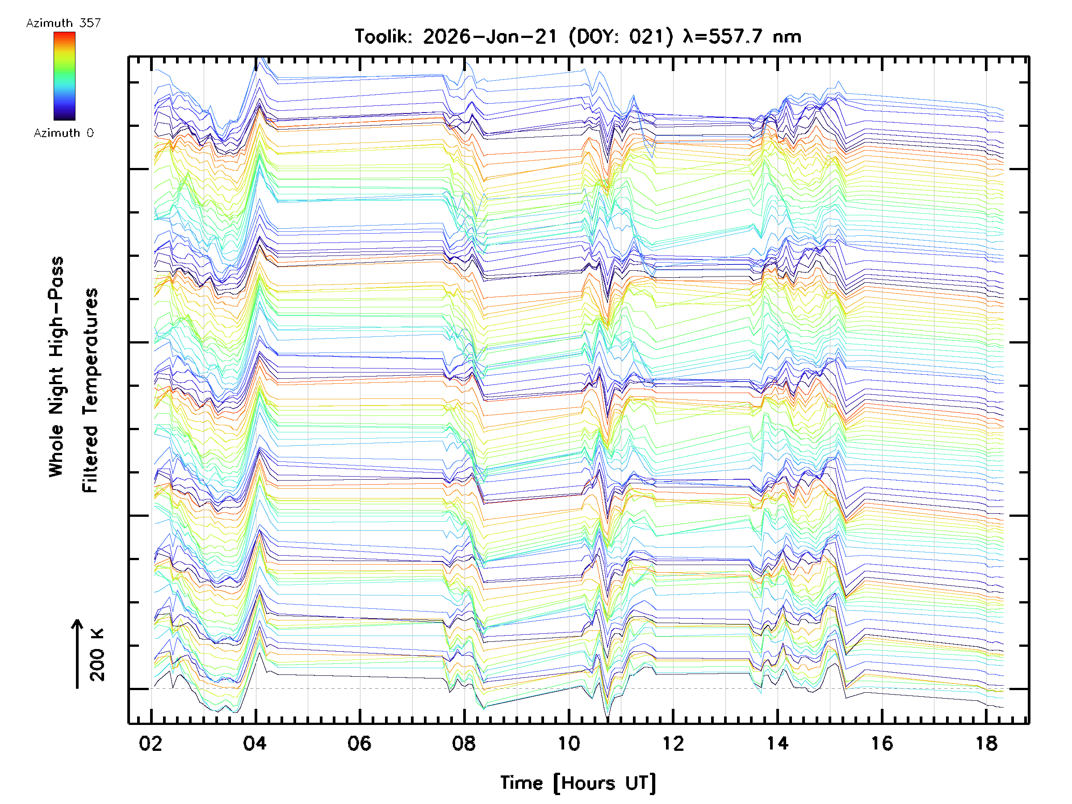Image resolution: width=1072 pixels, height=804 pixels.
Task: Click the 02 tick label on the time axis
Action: (150, 743)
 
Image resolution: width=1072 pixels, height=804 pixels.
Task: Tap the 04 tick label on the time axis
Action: (255, 743)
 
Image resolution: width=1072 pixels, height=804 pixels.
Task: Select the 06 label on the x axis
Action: (359, 743)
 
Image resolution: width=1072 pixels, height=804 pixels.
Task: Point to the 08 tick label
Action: (464, 743)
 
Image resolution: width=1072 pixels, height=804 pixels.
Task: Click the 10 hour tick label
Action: (569, 743)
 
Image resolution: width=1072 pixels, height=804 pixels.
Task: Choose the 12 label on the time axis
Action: (673, 743)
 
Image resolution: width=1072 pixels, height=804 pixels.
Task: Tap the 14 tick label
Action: (777, 743)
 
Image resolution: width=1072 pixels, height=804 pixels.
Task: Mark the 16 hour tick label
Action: (882, 743)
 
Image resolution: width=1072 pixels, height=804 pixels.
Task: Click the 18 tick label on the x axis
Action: (987, 743)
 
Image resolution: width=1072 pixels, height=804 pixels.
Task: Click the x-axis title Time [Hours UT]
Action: (578, 783)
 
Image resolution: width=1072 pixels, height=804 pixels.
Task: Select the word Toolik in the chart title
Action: (383, 37)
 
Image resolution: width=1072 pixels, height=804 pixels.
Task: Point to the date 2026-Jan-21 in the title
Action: (490, 37)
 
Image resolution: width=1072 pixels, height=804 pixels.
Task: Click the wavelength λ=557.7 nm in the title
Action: (742, 37)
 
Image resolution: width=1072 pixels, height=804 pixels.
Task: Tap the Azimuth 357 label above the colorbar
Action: (63, 23)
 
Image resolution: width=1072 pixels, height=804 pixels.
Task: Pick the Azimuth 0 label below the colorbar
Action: (63, 133)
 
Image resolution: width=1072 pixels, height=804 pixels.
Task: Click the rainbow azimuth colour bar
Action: (64, 76)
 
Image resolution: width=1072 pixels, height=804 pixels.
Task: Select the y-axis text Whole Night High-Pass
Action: (56, 367)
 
